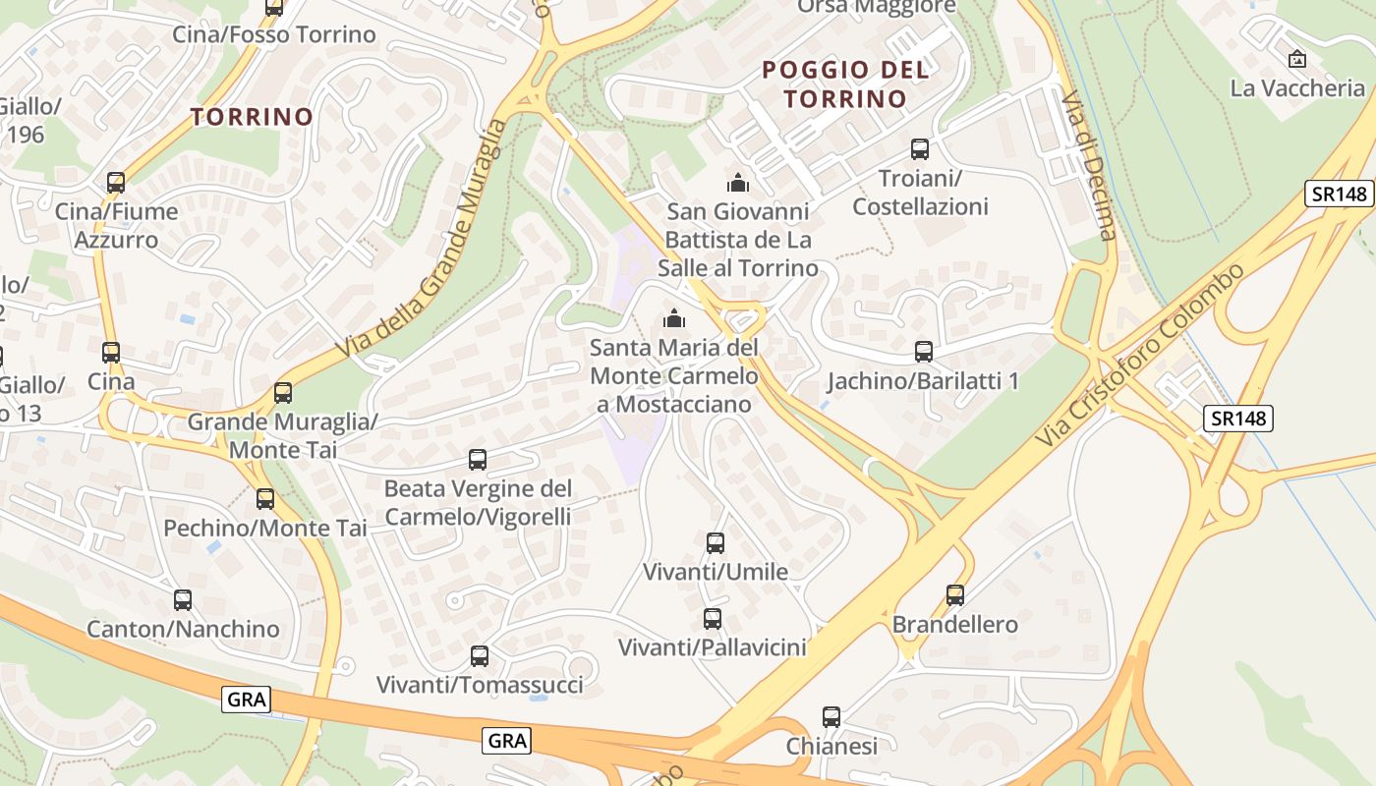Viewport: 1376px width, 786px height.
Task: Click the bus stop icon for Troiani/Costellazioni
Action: [x=920, y=149]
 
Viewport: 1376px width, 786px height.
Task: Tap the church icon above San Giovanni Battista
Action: [x=737, y=183]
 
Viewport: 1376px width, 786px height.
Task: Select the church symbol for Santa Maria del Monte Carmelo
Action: [x=673, y=318]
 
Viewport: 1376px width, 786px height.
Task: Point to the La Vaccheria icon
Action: [x=1296, y=59]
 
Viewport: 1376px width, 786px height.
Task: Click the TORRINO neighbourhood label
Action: [x=252, y=117]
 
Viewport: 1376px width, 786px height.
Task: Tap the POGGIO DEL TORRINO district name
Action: [x=845, y=84]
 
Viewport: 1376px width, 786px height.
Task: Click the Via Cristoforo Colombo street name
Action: [x=1141, y=353]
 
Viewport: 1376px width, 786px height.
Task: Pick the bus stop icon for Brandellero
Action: [x=955, y=595]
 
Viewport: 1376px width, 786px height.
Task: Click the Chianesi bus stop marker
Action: [x=831, y=717]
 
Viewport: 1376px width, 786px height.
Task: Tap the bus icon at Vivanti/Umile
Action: [x=716, y=543]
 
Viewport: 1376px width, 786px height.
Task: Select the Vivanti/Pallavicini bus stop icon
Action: [x=713, y=619]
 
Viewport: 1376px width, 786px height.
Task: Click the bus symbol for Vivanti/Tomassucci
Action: [x=480, y=656]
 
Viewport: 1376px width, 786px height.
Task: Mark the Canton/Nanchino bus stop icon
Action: [x=183, y=600]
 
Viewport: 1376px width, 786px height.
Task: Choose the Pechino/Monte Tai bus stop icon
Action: [x=265, y=499]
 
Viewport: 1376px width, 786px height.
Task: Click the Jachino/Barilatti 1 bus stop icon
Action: [x=923, y=352]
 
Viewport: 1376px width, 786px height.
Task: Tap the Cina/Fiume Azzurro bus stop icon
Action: [x=116, y=183]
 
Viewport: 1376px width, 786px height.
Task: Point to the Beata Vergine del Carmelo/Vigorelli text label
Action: [x=478, y=502]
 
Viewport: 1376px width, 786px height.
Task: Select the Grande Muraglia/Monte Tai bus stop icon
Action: [x=283, y=393]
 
